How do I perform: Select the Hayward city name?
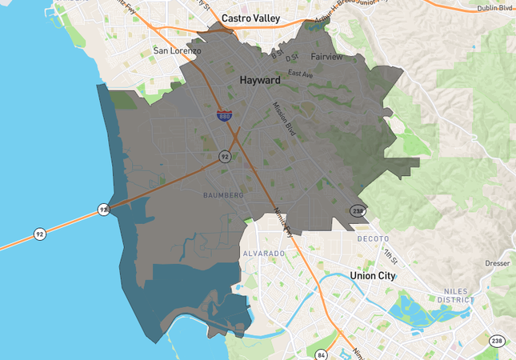click(259, 81)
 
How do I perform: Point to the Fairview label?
click(326, 57)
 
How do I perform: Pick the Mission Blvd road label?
click(284, 118)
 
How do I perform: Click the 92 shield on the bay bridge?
click(39, 234)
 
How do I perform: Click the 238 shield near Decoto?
click(357, 210)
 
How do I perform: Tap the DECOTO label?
click(373, 238)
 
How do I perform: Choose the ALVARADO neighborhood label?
click(263, 254)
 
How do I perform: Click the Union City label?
click(372, 275)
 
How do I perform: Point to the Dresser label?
click(498, 262)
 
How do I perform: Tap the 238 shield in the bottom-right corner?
click(498, 341)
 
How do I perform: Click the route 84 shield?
click(322, 354)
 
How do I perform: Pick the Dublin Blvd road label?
click(494, 8)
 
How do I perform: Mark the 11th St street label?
click(390, 255)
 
